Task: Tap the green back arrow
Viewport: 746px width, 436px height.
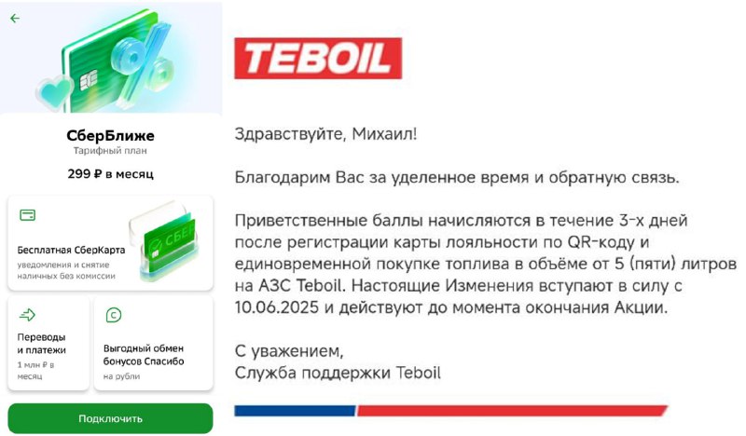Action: (15, 18)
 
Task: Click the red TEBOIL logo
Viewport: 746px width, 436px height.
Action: (318, 58)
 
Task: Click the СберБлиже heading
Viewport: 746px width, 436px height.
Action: (110, 135)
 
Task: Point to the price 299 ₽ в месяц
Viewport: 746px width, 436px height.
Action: (110, 174)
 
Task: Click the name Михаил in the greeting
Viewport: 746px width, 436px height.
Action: (384, 133)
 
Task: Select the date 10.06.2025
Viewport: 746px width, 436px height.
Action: (276, 307)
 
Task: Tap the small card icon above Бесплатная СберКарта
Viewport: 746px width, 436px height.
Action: (28, 215)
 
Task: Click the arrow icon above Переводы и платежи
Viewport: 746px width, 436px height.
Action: (27, 314)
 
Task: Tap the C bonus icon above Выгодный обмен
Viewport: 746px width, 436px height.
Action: (113, 315)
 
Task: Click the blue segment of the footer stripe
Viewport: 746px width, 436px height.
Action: (295, 411)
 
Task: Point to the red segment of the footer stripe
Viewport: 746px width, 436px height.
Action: (511, 411)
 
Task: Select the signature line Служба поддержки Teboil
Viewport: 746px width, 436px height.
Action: (338, 373)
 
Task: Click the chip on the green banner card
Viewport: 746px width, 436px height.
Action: (88, 80)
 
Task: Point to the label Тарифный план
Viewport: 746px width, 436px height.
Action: (110, 151)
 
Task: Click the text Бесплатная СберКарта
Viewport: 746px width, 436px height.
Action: (72, 250)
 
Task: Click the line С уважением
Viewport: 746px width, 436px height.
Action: (289, 351)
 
